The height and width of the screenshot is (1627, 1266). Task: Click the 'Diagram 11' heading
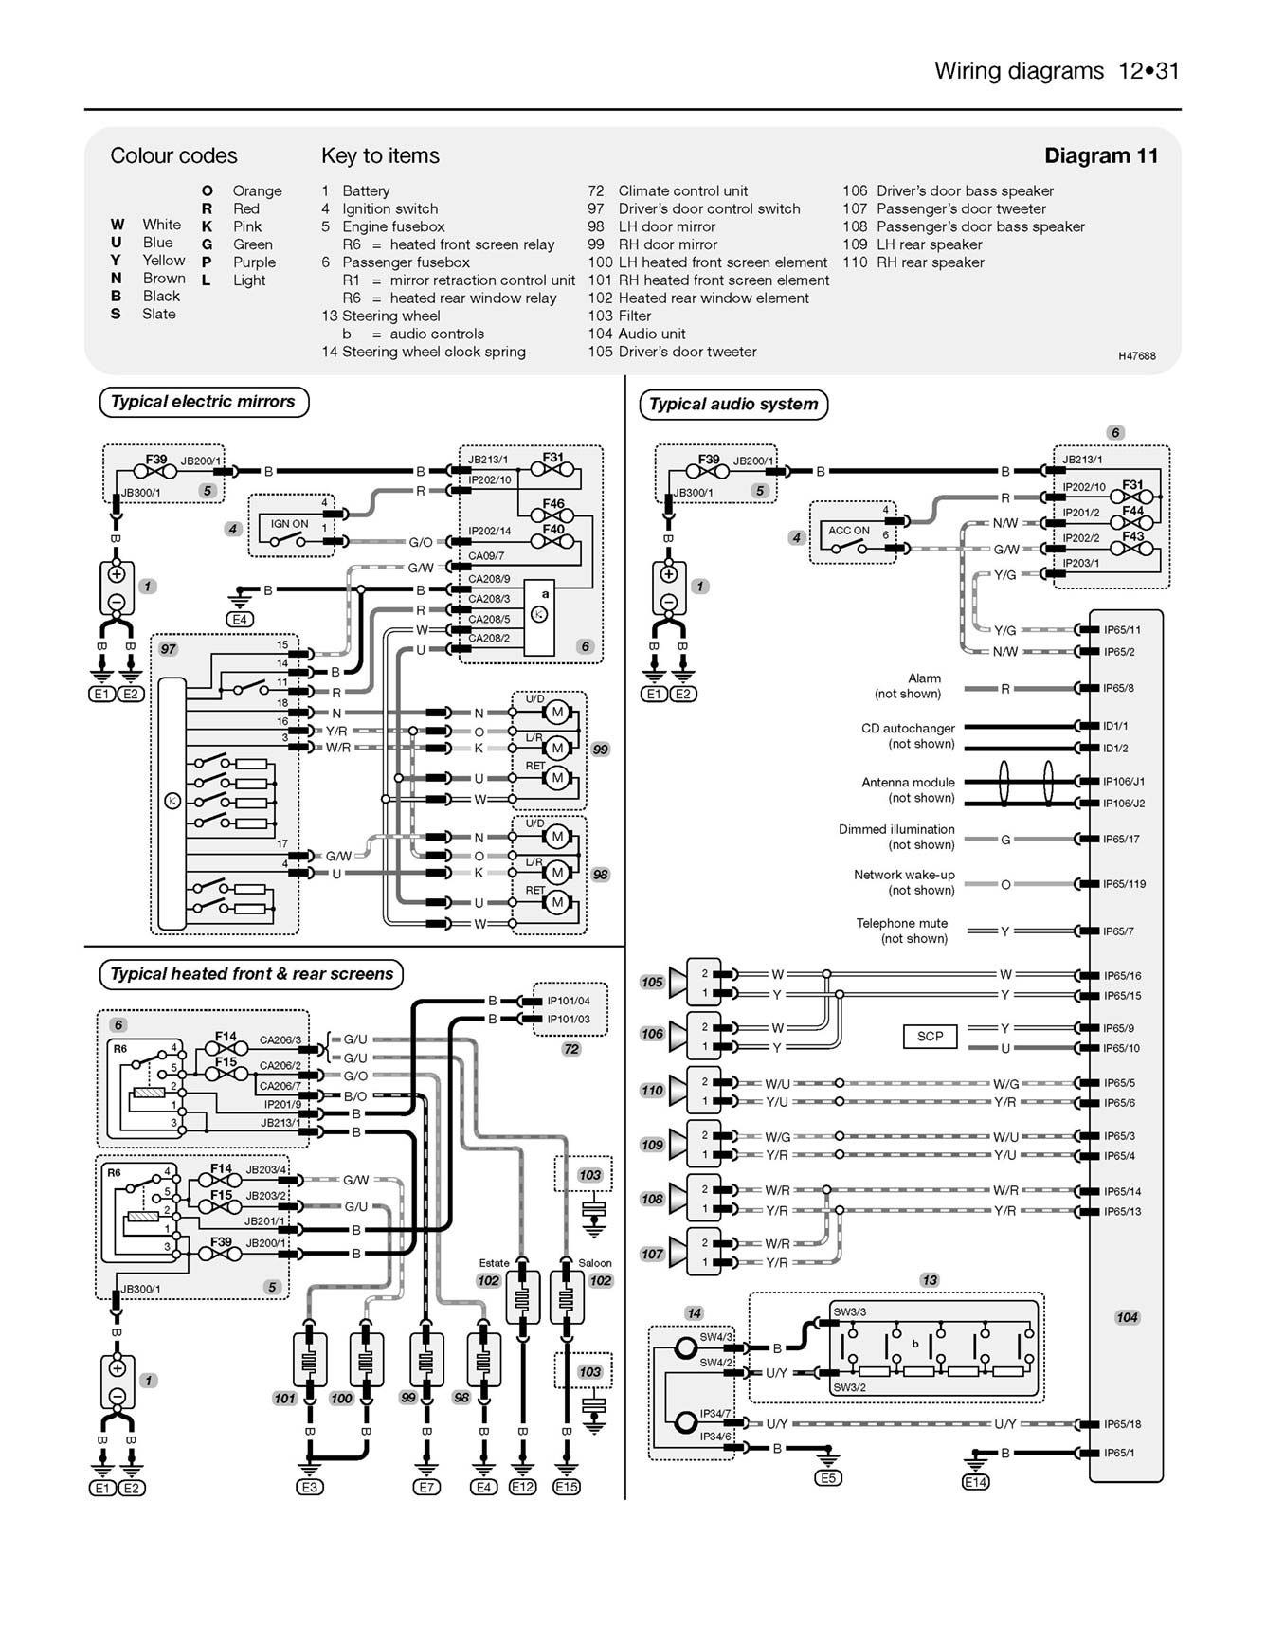click(x=1100, y=155)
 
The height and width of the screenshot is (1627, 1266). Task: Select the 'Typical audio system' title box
click(x=733, y=404)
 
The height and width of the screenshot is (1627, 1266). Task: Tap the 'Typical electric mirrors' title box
click(x=203, y=401)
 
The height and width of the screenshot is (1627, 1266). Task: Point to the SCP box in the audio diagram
click(x=930, y=1036)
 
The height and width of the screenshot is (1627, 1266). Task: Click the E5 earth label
click(x=828, y=1477)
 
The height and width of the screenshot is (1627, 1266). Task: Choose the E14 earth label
click(x=975, y=1482)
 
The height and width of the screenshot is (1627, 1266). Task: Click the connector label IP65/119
click(x=1124, y=884)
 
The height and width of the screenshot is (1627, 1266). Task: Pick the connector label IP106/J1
click(x=1123, y=782)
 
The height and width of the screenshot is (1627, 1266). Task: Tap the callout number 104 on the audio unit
click(x=1127, y=1317)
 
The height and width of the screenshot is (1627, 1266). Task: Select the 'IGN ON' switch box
click(x=289, y=524)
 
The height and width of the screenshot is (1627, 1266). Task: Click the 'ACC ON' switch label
click(x=848, y=531)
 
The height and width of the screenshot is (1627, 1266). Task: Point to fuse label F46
click(x=553, y=504)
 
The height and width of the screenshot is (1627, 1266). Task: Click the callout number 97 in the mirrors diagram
click(x=168, y=649)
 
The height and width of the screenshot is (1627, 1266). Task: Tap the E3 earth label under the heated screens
click(x=310, y=1488)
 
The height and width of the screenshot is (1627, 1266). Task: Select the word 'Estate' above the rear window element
click(x=494, y=1263)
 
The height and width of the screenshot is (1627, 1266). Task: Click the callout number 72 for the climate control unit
click(x=570, y=1049)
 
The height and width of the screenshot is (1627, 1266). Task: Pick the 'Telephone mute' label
click(x=901, y=923)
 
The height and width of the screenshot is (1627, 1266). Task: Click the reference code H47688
click(x=1136, y=356)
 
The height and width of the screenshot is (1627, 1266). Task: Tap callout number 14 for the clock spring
click(x=694, y=1312)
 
